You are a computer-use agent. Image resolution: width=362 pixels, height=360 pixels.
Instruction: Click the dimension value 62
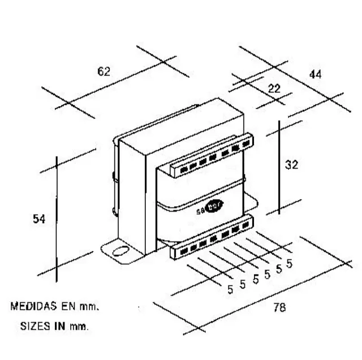coord(104,72)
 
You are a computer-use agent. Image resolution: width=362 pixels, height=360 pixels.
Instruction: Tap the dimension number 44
coord(316,73)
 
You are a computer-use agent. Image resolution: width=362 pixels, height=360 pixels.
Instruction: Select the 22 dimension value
coord(274,88)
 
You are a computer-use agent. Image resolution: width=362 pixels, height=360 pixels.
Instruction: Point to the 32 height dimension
coord(292,165)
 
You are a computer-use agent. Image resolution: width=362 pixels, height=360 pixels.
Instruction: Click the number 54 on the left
coord(38,219)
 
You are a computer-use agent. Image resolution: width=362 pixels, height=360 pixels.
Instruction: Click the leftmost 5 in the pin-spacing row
coord(230,290)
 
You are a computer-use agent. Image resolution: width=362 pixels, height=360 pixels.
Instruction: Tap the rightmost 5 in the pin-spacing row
coord(290,263)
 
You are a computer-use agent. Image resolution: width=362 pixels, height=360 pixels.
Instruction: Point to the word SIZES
coord(34,326)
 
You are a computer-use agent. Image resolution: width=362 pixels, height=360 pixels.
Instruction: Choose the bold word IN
coord(59,326)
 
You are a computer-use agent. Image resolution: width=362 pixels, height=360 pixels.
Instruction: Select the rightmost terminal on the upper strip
coord(244,144)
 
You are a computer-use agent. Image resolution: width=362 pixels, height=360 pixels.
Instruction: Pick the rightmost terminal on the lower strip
coord(244,225)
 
